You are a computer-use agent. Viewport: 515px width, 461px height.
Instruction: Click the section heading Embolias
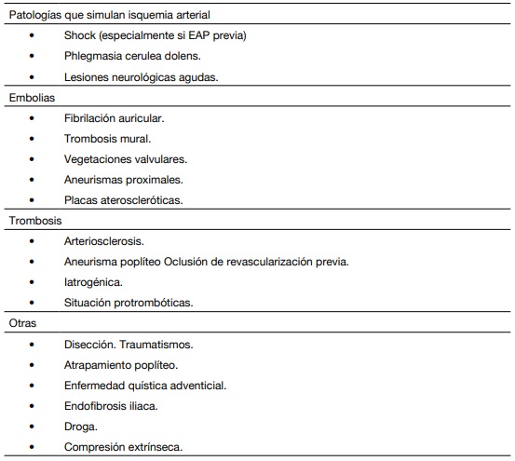32,98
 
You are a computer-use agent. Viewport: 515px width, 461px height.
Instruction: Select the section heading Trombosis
35,220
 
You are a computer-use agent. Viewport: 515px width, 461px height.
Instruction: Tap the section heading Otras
22,323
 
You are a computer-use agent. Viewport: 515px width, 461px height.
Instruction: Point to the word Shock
81,36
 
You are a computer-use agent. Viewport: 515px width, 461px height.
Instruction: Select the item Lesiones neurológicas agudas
141,77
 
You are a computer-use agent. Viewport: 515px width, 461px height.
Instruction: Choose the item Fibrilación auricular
116,118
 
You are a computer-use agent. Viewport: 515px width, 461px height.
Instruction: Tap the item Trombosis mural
107,139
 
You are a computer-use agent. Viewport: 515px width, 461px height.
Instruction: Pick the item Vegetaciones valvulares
126,159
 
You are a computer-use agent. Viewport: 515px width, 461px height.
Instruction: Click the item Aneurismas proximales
124,180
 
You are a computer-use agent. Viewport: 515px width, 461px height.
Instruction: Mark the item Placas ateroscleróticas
124,200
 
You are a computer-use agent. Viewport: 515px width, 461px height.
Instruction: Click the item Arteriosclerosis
104,241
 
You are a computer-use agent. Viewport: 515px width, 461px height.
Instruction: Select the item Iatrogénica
93,282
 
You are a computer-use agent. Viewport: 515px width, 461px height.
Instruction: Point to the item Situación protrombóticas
129,303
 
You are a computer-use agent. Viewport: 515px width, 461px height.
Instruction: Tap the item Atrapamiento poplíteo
121,364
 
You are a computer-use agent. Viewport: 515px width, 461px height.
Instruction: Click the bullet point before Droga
32,426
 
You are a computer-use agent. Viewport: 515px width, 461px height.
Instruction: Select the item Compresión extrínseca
123,446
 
